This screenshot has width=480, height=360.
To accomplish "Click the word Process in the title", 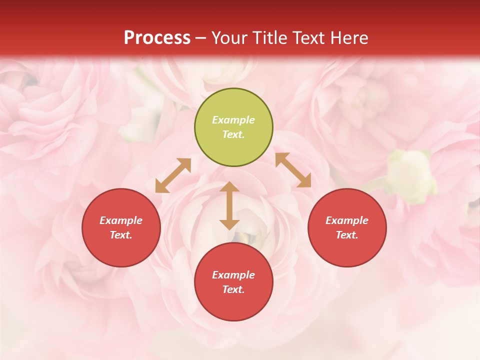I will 157,38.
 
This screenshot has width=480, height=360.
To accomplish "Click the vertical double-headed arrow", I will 229,205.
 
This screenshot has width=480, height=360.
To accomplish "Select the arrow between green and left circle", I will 173,175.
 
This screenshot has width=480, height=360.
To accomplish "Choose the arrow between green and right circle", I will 293,170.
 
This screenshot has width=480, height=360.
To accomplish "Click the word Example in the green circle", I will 233,120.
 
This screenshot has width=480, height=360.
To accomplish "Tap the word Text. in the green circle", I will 233,134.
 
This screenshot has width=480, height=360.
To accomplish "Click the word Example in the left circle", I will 121,220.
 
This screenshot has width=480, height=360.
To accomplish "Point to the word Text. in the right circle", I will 347,235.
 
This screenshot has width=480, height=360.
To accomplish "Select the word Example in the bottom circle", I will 233,275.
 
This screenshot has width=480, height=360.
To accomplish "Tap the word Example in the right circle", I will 347,220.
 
